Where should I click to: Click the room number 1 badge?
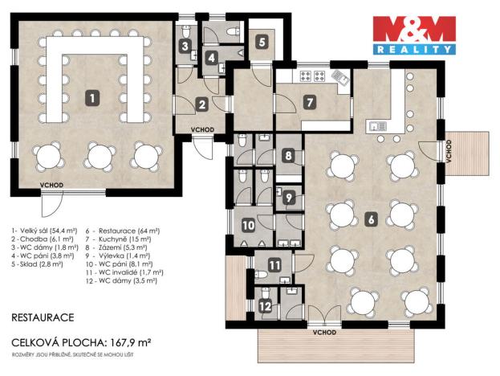pyautogui.click(x=94, y=98)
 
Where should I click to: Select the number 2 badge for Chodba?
pyautogui.click(x=201, y=104)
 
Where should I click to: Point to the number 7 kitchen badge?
pyautogui.click(x=311, y=103)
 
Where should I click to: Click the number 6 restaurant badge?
pyautogui.click(x=371, y=218)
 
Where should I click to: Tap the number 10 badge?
pyautogui.click(x=248, y=226)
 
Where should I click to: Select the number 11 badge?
pyautogui.click(x=274, y=266)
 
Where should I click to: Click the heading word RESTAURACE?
pyautogui.click(x=43, y=317)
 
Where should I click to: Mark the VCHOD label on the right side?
pyautogui.click(x=448, y=150)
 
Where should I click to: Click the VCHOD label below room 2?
pyautogui.click(x=202, y=129)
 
